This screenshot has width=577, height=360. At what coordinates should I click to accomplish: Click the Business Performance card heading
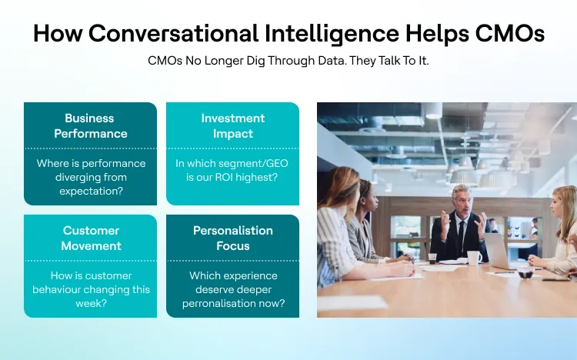point(90,126)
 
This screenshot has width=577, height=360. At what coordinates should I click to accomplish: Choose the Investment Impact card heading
point(232,126)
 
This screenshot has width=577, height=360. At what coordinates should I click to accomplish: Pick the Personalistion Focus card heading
point(232,238)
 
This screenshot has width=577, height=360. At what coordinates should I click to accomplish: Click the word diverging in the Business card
point(61,178)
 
